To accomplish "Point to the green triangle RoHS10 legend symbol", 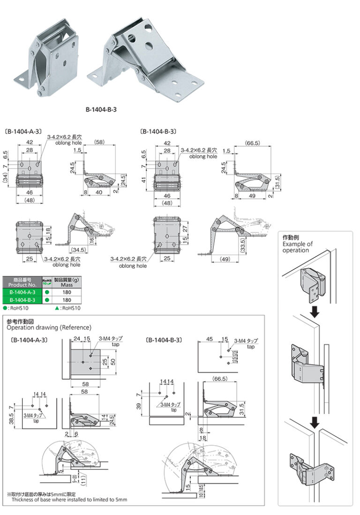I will [57, 308].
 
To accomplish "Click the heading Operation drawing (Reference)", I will [49, 327].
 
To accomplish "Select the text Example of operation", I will [297, 247].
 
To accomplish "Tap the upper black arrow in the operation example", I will [315, 311].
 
